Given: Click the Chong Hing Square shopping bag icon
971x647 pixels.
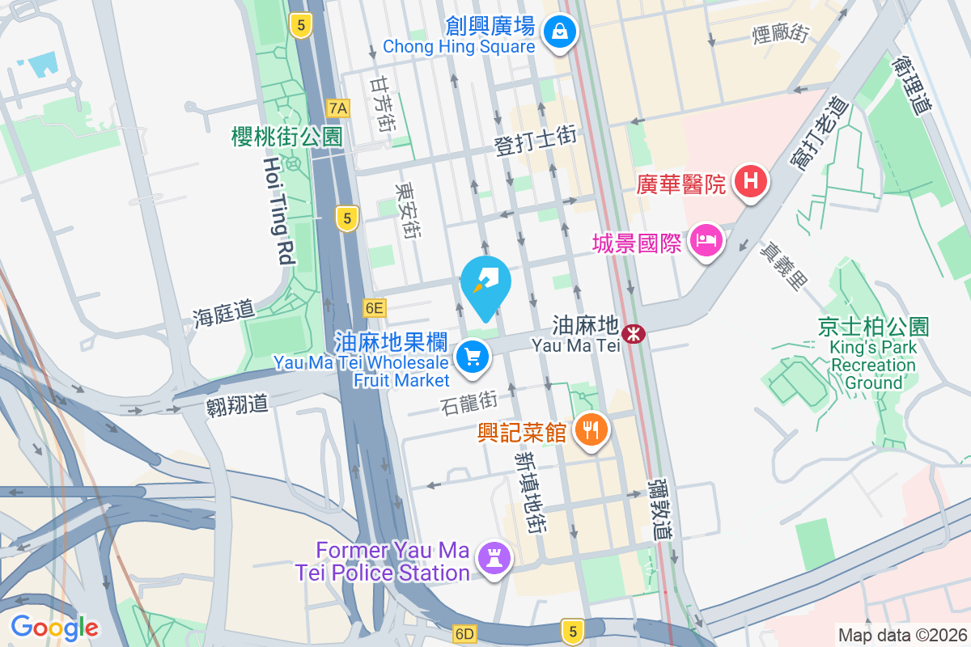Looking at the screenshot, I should (x=558, y=32).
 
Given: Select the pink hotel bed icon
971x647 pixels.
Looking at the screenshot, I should (x=706, y=240).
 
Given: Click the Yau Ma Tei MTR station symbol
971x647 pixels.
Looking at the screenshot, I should (x=634, y=332).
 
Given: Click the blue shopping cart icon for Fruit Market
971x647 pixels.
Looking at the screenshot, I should (x=473, y=357).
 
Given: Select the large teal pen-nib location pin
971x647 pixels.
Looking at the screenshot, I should (x=485, y=285).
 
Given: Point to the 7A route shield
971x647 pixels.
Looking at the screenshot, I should (x=338, y=108).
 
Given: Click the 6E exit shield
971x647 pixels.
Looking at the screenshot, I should (x=374, y=307).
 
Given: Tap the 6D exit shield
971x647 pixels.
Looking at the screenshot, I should (x=464, y=633).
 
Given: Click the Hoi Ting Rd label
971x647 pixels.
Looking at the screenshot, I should (x=277, y=210).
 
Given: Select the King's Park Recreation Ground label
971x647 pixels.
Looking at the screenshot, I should (x=873, y=365).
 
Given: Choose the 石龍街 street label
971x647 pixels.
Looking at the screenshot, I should (x=469, y=400).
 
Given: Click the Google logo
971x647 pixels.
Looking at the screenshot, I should (x=55, y=627).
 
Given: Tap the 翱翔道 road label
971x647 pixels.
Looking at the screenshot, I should (x=236, y=404).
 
